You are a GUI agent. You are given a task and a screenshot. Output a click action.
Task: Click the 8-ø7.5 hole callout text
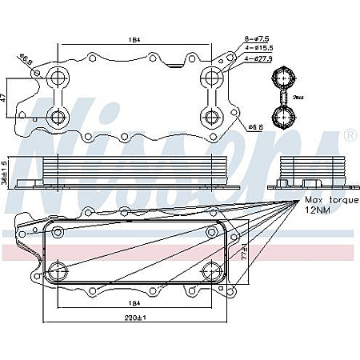coord(258,38)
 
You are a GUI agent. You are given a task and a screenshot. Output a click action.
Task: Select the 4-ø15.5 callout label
coord(259,47)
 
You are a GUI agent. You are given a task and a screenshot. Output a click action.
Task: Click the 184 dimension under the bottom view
coord(134,304)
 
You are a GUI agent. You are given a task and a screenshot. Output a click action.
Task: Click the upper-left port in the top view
coord(58,78)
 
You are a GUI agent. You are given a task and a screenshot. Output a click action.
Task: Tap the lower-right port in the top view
coord(211,118)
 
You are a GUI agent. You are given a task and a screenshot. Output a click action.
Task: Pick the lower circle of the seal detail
coord(282,118)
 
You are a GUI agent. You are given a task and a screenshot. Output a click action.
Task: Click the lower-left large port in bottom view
coord(58,269)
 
